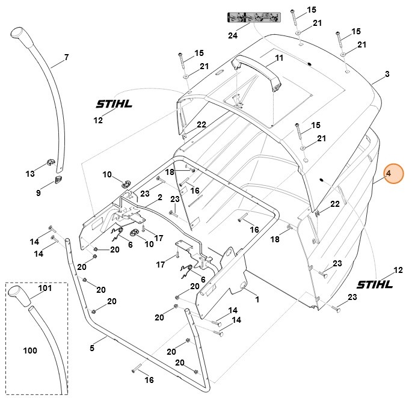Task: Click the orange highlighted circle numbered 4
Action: [x=389, y=174]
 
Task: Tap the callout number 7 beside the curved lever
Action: [x=66, y=58]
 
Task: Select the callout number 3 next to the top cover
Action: [x=387, y=74]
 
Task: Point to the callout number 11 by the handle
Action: [x=278, y=58]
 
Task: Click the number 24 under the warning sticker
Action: [x=233, y=35]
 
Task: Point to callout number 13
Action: [x=30, y=174]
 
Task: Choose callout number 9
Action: [x=38, y=193]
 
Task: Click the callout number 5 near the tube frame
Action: [x=92, y=347]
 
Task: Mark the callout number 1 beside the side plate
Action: [x=257, y=299]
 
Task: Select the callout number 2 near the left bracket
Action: [x=159, y=197]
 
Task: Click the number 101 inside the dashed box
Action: [x=45, y=288]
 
